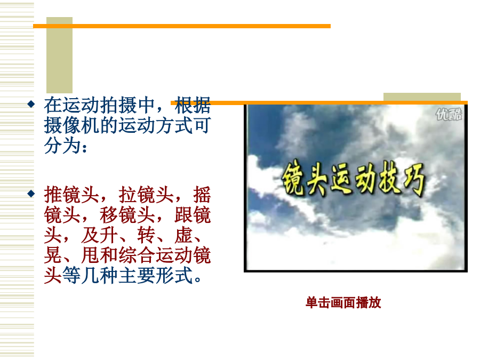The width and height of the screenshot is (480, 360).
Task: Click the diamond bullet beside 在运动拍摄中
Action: (x=31, y=104)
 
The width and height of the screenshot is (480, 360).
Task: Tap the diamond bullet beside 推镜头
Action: (x=31, y=194)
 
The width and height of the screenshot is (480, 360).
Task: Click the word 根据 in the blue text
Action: (x=193, y=105)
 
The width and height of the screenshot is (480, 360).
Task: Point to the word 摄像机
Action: (x=72, y=125)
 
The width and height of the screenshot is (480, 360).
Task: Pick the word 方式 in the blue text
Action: (x=174, y=125)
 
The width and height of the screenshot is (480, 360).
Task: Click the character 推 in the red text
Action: (x=53, y=195)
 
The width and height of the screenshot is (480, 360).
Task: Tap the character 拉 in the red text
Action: (x=128, y=195)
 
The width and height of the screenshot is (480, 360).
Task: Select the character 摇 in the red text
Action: (x=202, y=195)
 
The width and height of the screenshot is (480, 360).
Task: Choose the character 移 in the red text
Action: (x=109, y=215)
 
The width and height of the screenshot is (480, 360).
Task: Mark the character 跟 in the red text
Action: (x=183, y=215)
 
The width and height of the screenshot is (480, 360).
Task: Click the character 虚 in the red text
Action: (x=183, y=235)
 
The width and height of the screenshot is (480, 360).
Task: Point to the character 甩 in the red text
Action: (x=91, y=255)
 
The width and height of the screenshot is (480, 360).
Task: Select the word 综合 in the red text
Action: (x=137, y=255)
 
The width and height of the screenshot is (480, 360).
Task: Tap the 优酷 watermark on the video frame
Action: (x=449, y=115)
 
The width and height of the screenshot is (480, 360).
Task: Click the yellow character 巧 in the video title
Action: (x=414, y=180)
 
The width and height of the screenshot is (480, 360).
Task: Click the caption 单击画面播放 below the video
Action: (x=343, y=303)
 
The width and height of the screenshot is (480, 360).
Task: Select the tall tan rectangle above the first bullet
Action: (x=59, y=55)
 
